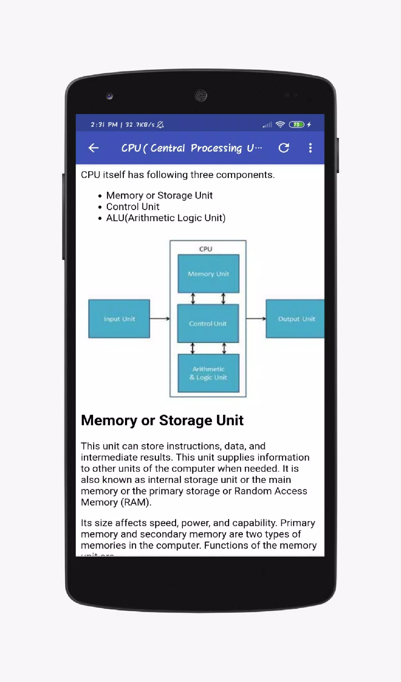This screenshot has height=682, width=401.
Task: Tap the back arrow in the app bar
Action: click(x=93, y=148)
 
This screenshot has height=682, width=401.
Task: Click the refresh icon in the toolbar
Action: click(x=284, y=148)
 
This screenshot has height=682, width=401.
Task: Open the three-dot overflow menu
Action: click(x=310, y=148)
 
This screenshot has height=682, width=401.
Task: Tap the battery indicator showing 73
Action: click(x=296, y=124)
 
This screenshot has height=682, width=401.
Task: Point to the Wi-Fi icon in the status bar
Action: click(x=280, y=124)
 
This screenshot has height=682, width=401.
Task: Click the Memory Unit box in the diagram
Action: click(x=208, y=274)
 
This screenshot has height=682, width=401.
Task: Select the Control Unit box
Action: click(x=208, y=323)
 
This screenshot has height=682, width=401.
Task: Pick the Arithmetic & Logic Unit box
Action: click(x=208, y=373)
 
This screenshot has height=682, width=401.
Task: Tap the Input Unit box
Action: click(x=119, y=319)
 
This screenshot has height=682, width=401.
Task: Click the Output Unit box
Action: click(x=295, y=319)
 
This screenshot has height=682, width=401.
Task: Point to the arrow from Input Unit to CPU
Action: click(x=160, y=319)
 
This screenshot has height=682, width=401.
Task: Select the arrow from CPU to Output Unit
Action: click(x=256, y=319)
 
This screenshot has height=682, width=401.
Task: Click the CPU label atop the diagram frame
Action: click(x=205, y=249)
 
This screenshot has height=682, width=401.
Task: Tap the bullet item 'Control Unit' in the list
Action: click(x=132, y=207)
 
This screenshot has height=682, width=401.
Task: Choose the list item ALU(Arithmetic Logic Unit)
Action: click(x=166, y=218)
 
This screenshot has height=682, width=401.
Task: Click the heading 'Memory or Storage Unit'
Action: click(x=162, y=420)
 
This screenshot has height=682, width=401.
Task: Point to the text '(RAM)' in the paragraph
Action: click(x=136, y=502)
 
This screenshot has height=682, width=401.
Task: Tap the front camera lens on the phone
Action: click(x=109, y=96)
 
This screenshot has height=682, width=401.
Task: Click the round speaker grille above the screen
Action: click(x=201, y=95)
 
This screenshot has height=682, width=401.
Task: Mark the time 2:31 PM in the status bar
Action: click(x=104, y=124)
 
